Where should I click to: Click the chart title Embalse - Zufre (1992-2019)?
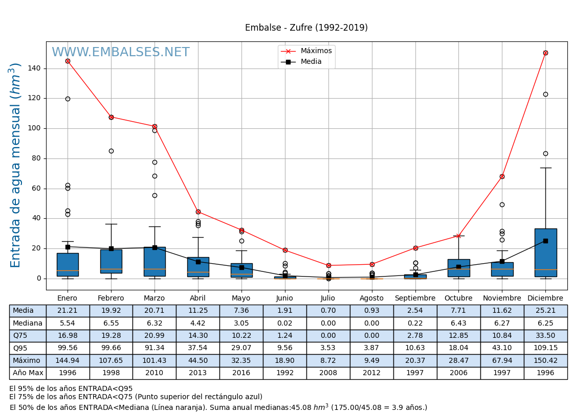(x=306, y=28)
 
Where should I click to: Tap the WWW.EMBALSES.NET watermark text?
(x=120, y=52)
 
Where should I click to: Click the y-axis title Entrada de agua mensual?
(x=16, y=165)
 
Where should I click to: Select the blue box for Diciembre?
(x=545, y=252)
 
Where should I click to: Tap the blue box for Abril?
(x=198, y=267)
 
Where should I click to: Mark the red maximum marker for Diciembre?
(x=545, y=53)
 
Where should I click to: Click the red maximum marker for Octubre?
(x=458, y=236)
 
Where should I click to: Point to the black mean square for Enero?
(x=68, y=247)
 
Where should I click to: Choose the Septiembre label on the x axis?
(x=415, y=298)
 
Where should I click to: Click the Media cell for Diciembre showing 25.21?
(x=545, y=311)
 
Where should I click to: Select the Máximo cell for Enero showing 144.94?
(x=68, y=360)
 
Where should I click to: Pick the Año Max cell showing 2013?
(x=198, y=373)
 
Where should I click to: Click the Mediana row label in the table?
(x=28, y=323)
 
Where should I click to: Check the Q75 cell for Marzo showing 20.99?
(x=155, y=336)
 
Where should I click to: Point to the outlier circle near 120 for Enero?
(x=68, y=99)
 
